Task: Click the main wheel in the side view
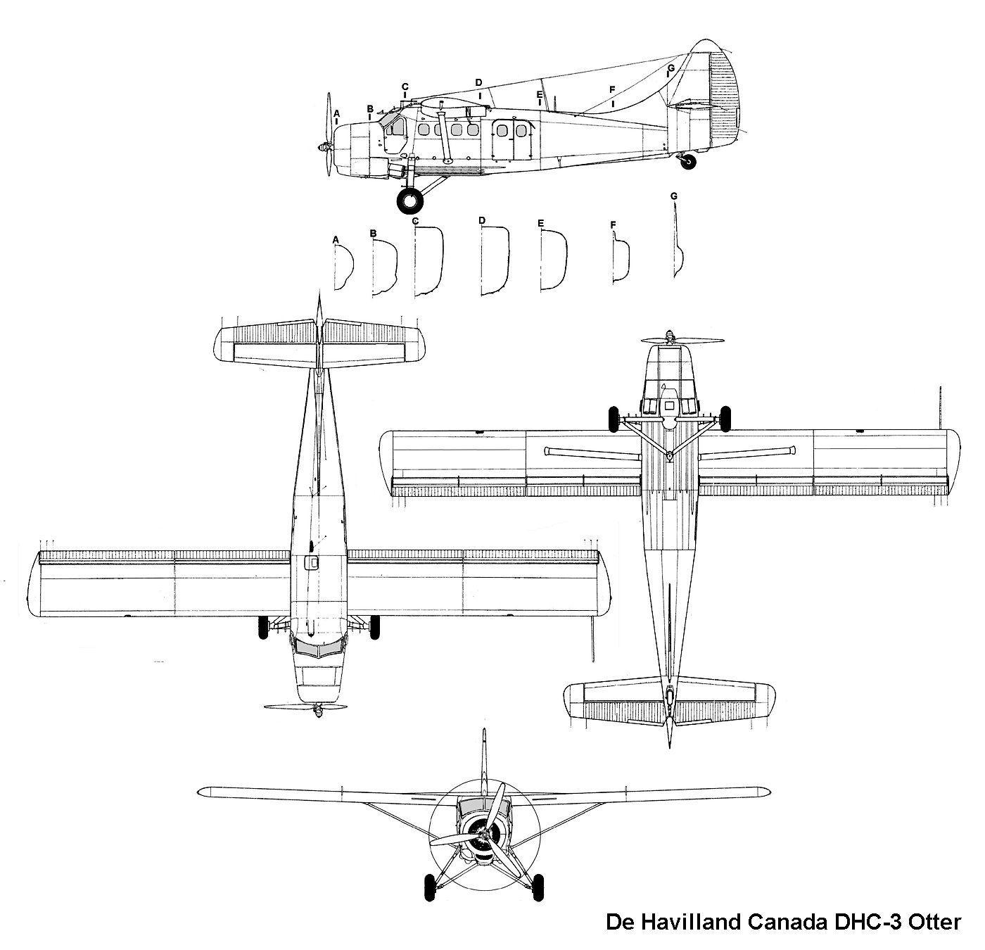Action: point(409,201)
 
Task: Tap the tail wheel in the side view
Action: point(688,162)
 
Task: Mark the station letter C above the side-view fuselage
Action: point(405,87)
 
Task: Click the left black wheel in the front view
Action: point(430,887)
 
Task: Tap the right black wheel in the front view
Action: point(540,887)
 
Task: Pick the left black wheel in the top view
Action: point(262,628)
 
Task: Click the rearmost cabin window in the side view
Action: point(521,131)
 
